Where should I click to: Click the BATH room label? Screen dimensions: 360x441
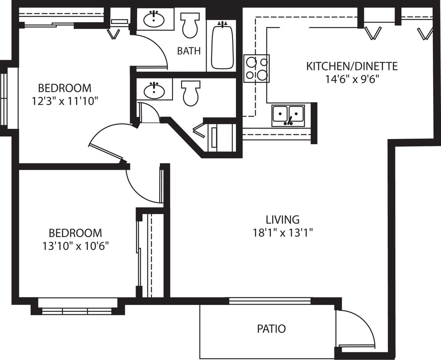coord(189,51)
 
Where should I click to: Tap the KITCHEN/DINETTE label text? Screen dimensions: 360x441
coord(352,67)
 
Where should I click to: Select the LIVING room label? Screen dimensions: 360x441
coord(282,220)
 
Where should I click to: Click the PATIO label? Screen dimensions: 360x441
coord(271,329)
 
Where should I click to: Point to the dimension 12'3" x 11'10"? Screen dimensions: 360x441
coord(65,101)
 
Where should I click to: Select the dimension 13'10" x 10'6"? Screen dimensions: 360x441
coord(75,246)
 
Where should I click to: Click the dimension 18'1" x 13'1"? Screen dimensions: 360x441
coord(282,233)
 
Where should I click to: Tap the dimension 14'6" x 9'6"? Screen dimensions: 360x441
coord(352,79)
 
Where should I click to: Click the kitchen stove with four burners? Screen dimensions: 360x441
coord(257,69)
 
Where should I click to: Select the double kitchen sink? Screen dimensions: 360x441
coord(288,115)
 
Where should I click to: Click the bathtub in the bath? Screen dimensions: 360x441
coord(222,46)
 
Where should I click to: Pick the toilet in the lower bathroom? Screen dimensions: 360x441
coord(190,93)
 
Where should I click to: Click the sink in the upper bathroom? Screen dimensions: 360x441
coord(154,19)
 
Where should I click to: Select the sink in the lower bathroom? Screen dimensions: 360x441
coord(154,90)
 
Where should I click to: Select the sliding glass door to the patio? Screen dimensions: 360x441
coord(270,301)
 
